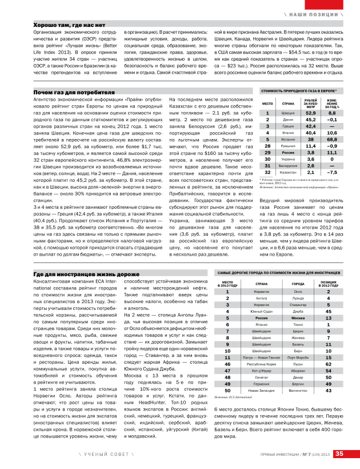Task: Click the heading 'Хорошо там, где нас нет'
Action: tap(69, 26)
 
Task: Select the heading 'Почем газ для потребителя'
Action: tap(74, 92)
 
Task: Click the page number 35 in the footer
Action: tap(339, 454)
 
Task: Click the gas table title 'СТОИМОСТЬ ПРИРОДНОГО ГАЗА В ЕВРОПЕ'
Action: tap(298, 91)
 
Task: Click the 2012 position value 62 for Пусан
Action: tap(329, 364)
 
